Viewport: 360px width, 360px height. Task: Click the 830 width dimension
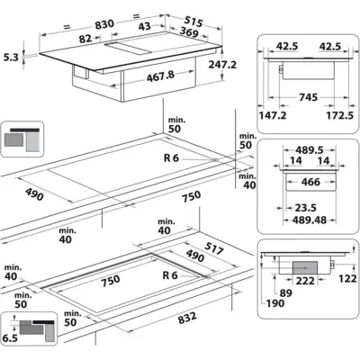[104, 24]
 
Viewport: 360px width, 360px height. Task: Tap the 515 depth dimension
[193, 21]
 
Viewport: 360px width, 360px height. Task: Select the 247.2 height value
[222, 64]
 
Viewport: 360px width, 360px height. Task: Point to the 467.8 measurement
[160, 76]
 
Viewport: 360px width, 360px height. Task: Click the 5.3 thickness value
[11, 57]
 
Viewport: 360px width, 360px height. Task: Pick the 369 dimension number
[188, 31]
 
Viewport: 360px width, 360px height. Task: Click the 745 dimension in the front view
[308, 97]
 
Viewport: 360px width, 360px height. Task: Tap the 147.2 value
[273, 115]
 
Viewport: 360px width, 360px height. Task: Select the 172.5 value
[340, 115]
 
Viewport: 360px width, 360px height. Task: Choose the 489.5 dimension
[310, 150]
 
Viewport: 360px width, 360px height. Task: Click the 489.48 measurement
[310, 220]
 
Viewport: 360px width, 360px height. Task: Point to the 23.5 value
[305, 208]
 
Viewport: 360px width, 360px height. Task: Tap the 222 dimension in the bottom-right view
[305, 281]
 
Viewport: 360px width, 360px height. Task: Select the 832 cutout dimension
[187, 319]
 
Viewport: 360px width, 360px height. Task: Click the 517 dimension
[214, 248]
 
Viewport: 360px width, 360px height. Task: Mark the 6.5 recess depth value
[10, 338]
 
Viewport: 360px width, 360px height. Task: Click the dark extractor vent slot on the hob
[128, 49]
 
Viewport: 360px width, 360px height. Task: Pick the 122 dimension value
[347, 279]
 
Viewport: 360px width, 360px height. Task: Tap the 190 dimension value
[275, 303]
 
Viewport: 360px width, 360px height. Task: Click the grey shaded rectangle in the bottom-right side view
[305, 267]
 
